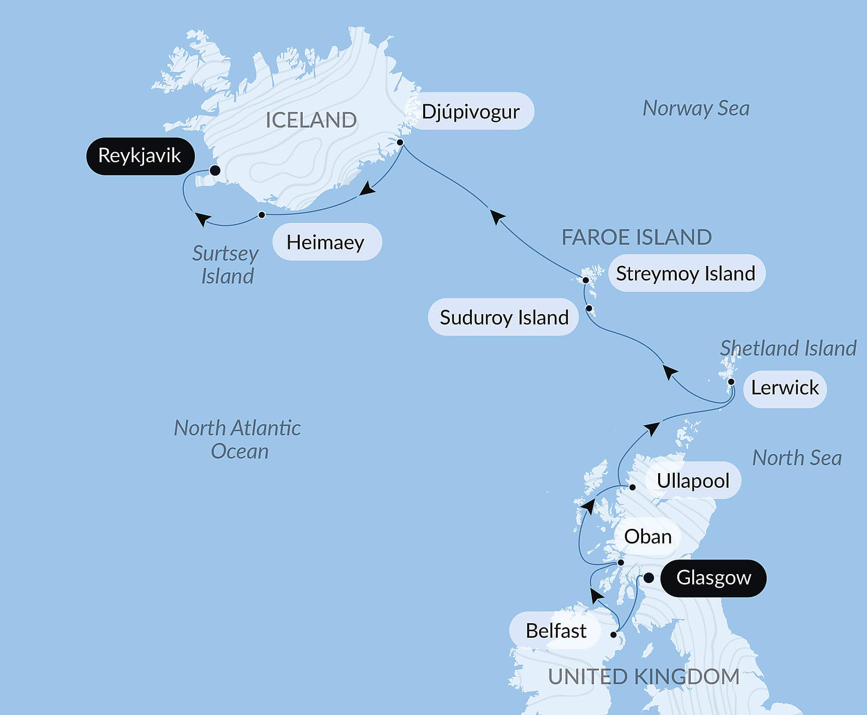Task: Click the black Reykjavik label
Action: (140, 156)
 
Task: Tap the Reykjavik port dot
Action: (215, 171)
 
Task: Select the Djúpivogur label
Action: (470, 111)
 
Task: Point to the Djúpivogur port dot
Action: (400, 142)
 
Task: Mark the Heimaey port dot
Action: (262, 215)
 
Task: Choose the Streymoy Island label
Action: (686, 273)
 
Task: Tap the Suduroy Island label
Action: (504, 317)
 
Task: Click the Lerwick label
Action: (785, 388)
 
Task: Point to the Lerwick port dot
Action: (731, 382)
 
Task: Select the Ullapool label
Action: (693, 481)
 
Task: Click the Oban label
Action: (648, 537)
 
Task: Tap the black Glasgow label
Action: (713, 578)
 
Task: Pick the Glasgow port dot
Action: (649, 578)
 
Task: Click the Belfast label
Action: (556, 631)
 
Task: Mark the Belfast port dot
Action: (613, 635)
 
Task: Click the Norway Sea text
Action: (696, 108)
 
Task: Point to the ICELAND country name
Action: (311, 120)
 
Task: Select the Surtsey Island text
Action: (226, 265)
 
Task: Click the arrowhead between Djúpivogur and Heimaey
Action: (368, 189)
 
